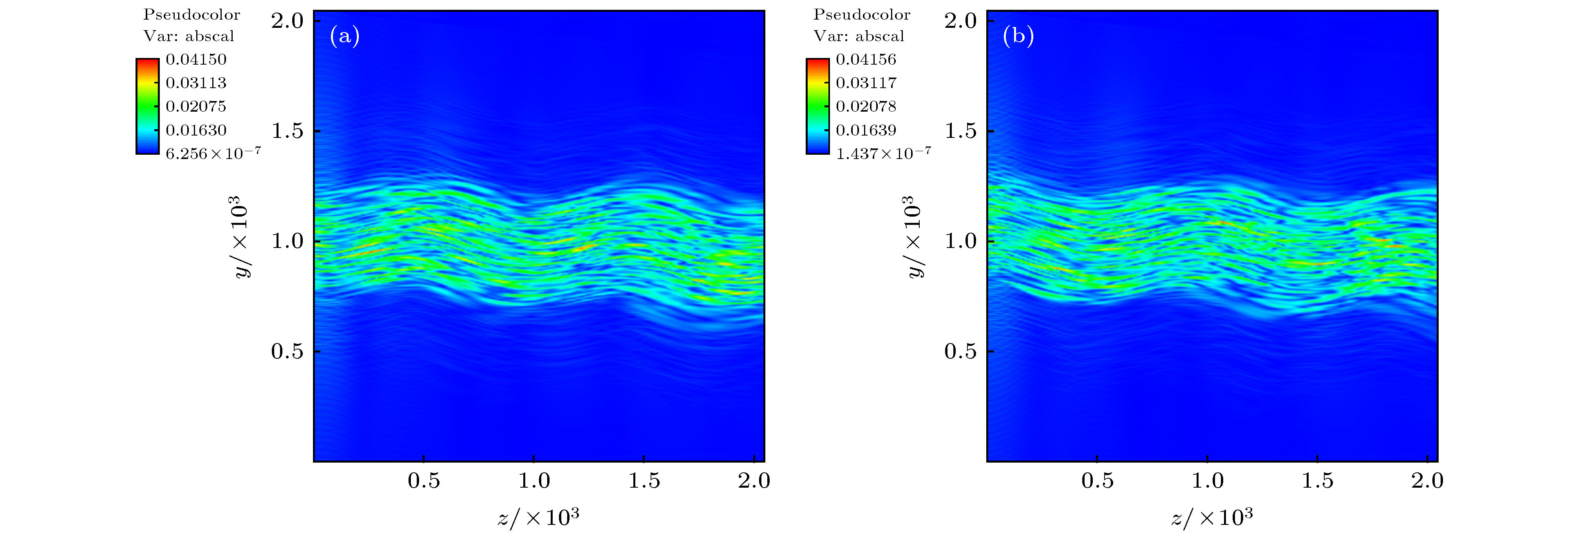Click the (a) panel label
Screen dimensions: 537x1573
pos(344,37)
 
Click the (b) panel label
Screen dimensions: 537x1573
pos(1018,37)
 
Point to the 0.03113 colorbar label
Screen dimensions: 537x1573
pos(196,83)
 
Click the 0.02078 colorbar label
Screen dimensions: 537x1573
pos(866,106)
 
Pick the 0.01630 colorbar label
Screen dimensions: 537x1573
pos(196,130)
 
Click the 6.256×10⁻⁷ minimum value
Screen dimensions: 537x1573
pos(213,153)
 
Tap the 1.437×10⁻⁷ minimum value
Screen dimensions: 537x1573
pos(883,153)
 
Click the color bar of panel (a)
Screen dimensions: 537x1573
pos(147,106)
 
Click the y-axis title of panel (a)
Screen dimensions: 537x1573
pos(242,237)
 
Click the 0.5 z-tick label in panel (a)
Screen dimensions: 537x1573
pos(424,481)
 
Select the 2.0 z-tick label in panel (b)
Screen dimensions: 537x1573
pos(1427,481)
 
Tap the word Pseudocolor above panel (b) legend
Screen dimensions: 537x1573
pos(862,14)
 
